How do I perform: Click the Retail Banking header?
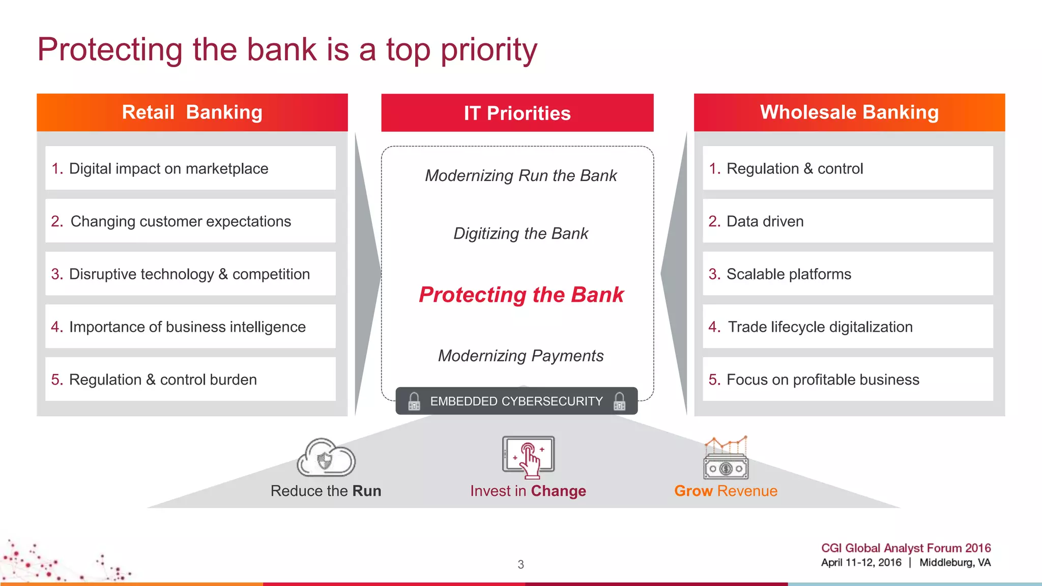[x=192, y=112]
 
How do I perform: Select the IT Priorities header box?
[x=517, y=113]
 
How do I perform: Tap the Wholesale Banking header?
[x=849, y=112]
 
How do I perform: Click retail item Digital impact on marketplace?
[x=190, y=168]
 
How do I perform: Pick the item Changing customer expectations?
[x=190, y=221]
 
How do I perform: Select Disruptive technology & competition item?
[x=190, y=274]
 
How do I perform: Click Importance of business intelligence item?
[x=190, y=327]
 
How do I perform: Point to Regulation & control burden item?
[x=190, y=379]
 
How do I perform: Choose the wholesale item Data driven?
[x=847, y=221]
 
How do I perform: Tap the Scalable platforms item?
[x=847, y=274]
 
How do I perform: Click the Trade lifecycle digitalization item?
[x=847, y=327]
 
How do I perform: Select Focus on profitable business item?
[x=847, y=379]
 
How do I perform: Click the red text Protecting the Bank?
[x=521, y=295]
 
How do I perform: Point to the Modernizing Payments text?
[x=521, y=356]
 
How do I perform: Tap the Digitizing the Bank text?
[x=521, y=233]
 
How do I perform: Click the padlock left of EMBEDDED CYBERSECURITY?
[x=414, y=401]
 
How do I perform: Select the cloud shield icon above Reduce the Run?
[x=326, y=458]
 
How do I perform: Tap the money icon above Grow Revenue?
[x=726, y=458]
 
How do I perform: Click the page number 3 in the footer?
[x=520, y=564]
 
